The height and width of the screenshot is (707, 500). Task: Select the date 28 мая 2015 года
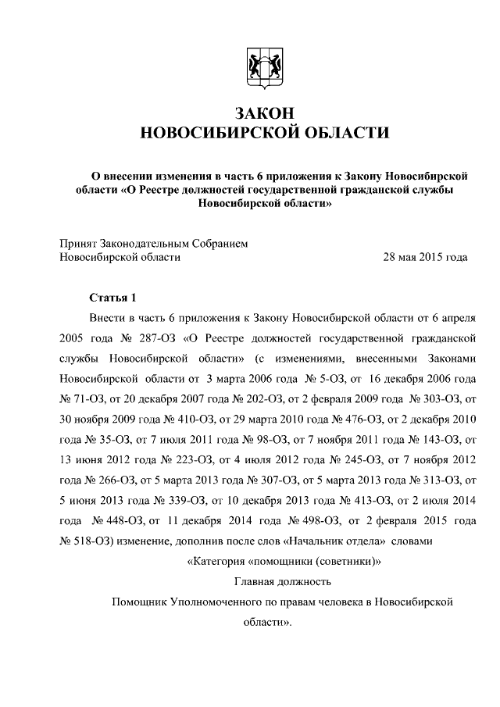(425, 256)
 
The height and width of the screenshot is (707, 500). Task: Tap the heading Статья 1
(113, 298)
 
